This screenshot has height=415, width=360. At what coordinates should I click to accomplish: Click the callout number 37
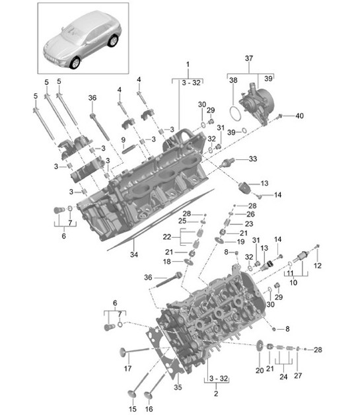coord(249,58)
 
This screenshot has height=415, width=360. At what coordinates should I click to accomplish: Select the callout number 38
coord(232,80)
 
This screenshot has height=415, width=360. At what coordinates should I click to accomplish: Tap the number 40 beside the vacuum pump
coord(300,116)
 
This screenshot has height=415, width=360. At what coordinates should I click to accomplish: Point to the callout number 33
coord(252,159)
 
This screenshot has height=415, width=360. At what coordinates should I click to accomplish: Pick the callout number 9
coord(124,140)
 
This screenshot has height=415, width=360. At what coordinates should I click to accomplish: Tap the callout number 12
coord(317,266)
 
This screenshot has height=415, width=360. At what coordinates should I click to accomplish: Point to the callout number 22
coord(168,237)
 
